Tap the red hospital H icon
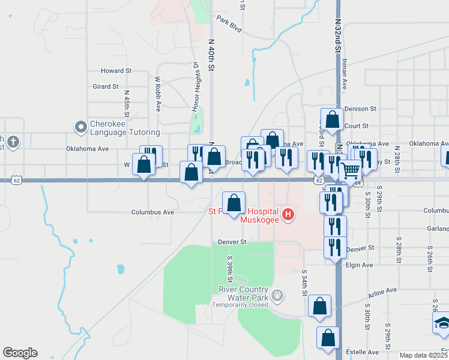click(x=289, y=214)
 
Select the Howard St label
click(x=116, y=71)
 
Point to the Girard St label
click(x=106, y=86)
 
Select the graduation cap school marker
click(x=442, y=324)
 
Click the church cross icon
click(x=13, y=142)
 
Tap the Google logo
click(x=20, y=353)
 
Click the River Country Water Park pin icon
click(x=277, y=295)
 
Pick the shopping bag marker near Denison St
click(x=332, y=119)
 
